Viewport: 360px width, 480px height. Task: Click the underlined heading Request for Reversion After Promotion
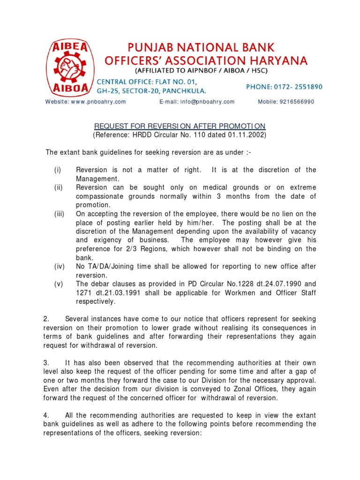(x=180, y=126)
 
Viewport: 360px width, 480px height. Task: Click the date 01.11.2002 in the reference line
(x=248, y=135)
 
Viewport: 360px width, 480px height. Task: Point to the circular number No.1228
(x=232, y=284)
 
